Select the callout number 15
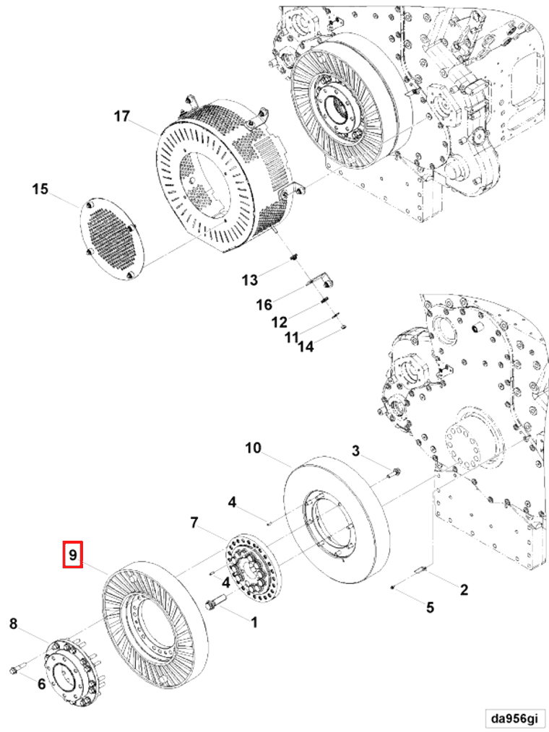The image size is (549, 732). click(40, 189)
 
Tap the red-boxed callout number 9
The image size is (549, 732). click(73, 554)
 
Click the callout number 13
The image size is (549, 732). click(249, 279)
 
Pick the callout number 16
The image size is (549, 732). click(264, 305)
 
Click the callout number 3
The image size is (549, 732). click(355, 451)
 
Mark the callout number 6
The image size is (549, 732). click(41, 684)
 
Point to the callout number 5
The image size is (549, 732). click(430, 607)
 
